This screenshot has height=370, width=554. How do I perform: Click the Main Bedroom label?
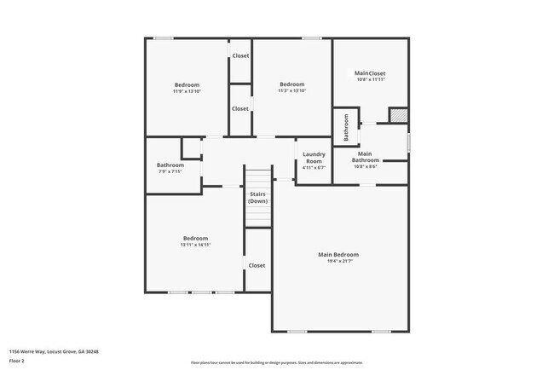pos(338,255)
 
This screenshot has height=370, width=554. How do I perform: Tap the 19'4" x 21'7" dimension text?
pos(338,262)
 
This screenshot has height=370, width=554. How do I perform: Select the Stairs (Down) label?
pos(257,197)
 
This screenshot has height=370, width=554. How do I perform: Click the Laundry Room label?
pos(315,158)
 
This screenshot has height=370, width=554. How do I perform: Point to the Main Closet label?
pos(371,73)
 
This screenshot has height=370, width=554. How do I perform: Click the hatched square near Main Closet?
pos(398,115)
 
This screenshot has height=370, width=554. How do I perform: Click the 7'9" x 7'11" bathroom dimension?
pos(170,171)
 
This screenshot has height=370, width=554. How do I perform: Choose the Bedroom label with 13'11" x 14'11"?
pos(195,238)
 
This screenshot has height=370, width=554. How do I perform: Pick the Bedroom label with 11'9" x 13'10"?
pos(187,84)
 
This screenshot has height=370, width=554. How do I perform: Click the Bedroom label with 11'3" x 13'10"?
pos(292,84)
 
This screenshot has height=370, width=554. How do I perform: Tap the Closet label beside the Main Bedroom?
pos(257,265)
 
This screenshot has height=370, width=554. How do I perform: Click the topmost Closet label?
pos(240,56)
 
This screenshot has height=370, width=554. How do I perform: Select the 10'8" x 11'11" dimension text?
pos(371,80)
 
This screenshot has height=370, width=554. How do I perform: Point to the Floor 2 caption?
pos(17,361)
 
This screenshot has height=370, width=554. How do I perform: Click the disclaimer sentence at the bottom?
pos(276,362)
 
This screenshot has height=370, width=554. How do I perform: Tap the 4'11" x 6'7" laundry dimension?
pos(315,168)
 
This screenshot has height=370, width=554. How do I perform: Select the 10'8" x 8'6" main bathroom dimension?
pos(366,167)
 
